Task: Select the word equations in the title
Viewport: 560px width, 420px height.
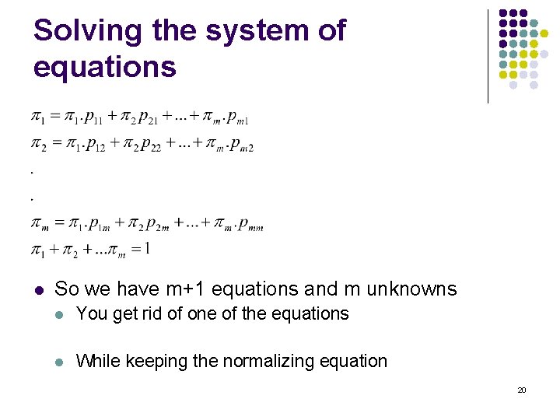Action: [104, 67]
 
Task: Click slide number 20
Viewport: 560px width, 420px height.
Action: [522, 390]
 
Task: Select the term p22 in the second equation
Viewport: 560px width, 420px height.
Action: [149, 145]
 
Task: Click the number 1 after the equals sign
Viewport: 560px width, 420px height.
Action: [146, 249]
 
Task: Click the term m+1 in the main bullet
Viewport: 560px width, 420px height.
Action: [186, 289]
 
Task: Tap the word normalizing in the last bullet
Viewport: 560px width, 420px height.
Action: [247, 361]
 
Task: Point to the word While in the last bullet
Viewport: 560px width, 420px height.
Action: [96, 361]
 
